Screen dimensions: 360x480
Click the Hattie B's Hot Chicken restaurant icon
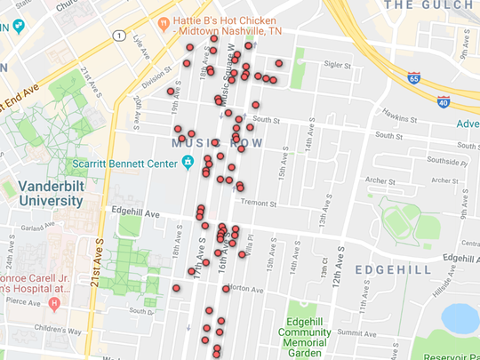(x=164, y=22)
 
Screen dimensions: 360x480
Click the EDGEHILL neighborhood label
(x=392, y=268)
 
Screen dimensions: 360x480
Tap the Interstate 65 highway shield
(x=413, y=78)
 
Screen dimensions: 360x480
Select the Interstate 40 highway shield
(x=444, y=101)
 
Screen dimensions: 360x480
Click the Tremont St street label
(x=260, y=203)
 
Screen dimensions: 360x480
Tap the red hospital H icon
(x=54, y=304)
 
